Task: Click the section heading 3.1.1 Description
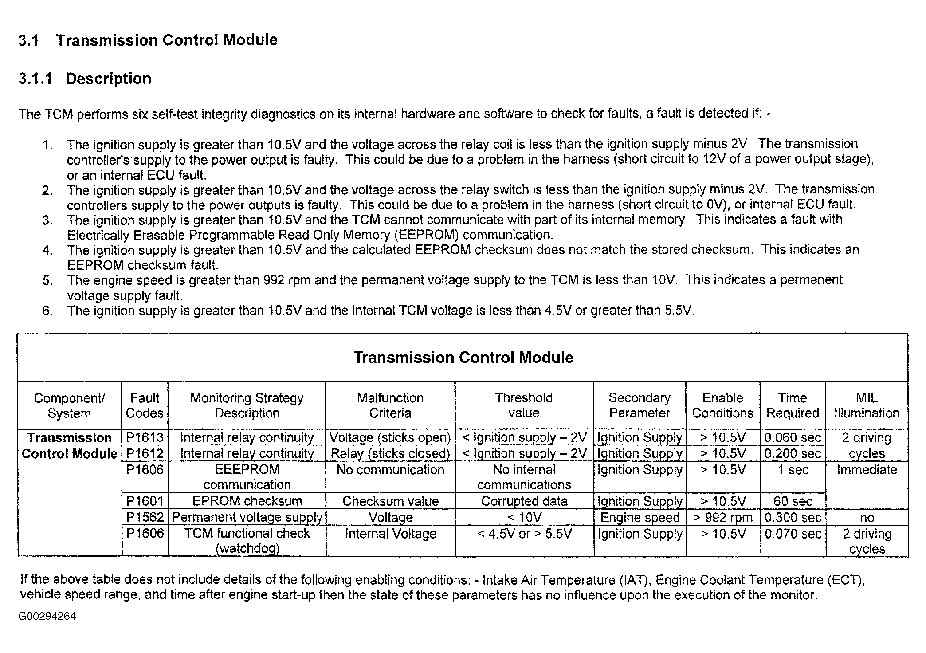point(85,79)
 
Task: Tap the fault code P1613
point(145,437)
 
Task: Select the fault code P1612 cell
point(145,453)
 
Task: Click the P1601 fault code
point(145,501)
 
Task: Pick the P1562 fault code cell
point(145,517)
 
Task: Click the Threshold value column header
point(524,405)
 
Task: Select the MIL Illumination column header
point(867,405)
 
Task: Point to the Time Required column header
point(793,405)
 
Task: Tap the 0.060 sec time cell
point(793,437)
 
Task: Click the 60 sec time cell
point(793,501)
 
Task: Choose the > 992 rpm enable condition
point(723,517)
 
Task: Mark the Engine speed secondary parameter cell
point(640,517)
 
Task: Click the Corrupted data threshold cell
point(524,501)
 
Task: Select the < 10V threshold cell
point(524,517)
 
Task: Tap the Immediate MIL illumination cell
point(867,470)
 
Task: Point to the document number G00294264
point(47,616)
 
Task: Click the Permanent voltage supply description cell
point(247,517)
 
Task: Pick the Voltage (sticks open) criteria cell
point(390,437)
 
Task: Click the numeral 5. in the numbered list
point(48,280)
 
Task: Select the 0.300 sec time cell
point(793,517)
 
